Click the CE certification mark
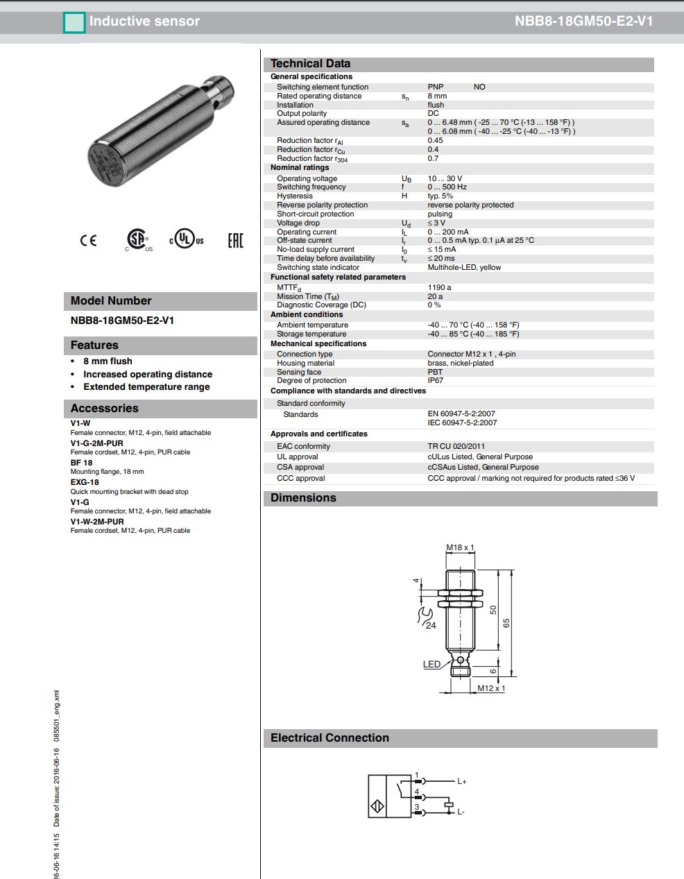88,241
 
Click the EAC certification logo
236,241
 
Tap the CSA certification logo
138,239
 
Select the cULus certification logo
187,240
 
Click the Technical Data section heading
310,64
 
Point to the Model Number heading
111,301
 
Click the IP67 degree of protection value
435,381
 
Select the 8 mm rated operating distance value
437,96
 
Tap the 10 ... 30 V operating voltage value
445,179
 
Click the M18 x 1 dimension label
460,548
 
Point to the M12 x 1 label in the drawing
491,688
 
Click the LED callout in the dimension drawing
431,665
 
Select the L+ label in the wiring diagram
462,782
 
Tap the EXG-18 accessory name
85,482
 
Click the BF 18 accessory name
81,463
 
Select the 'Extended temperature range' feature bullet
146,387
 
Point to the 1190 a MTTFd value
439,287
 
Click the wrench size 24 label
431,625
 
